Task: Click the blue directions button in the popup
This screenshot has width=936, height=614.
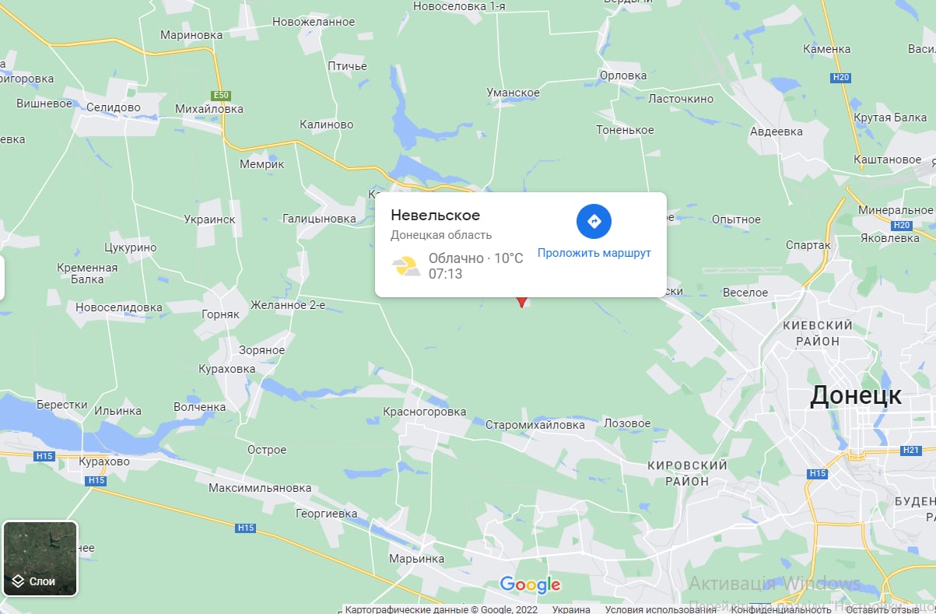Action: pyautogui.click(x=594, y=221)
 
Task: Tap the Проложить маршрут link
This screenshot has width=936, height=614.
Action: pyautogui.click(x=594, y=253)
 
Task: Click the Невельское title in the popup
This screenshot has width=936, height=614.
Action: pyautogui.click(x=435, y=215)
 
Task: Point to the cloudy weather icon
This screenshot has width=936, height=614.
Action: pyautogui.click(x=407, y=266)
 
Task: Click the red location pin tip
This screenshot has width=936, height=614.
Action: pyautogui.click(x=521, y=305)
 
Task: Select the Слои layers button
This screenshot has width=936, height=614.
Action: pyautogui.click(x=40, y=558)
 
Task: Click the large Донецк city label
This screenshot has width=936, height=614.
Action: pyautogui.click(x=855, y=395)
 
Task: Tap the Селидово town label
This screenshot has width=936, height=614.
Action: pyautogui.click(x=114, y=107)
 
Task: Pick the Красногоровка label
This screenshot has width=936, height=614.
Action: pyautogui.click(x=425, y=412)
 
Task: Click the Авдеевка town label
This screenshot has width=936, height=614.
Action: pyautogui.click(x=776, y=132)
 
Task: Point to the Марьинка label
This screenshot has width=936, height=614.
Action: pyautogui.click(x=415, y=560)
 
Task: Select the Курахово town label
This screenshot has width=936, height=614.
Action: pyautogui.click(x=104, y=461)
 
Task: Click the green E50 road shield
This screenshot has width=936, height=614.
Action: pyautogui.click(x=221, y=95)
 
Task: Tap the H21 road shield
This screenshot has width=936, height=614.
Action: pyautogui.click(x=911, y=451)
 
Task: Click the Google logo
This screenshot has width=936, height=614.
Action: pyautogui.click(x=530, y=584)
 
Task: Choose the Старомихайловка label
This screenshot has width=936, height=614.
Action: pyautogui.click(x=535, y=425)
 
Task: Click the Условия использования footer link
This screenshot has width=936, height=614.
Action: pyautogui.click(x=643, y=609)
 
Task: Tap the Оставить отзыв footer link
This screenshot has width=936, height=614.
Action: pyautogui.click(x=894, y=609)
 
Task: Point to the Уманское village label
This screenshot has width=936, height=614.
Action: pyautogui.click(x=513, y=93)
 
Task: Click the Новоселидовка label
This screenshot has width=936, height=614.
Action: pyautogui.click(x=119, y=307)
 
